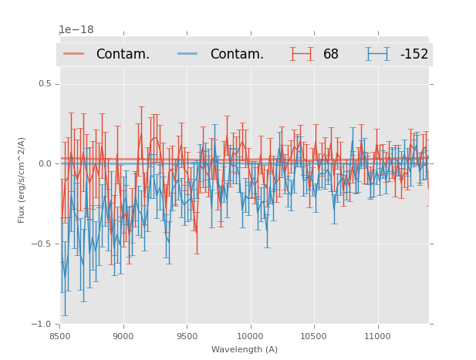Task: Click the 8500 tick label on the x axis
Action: (59, 336)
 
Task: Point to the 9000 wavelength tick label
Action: (123, 336)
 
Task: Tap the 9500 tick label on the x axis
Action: (187, 336)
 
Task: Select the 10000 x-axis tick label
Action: (250, 336)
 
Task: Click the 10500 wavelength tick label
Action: (313, 336)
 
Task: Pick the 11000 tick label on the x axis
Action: (377, 336)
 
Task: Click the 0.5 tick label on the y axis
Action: (46, 83)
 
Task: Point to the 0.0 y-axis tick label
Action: (46, 163)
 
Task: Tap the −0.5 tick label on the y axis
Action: (43, 244)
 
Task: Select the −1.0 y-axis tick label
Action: (43, 324)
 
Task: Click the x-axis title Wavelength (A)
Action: (245, 349)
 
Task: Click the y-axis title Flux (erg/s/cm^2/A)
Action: (22, 180)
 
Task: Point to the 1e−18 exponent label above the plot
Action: (76, 30)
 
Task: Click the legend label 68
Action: (331, 54)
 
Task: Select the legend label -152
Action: (414, 54)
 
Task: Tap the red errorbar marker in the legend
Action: (302, 54)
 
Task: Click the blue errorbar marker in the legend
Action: (378, 54)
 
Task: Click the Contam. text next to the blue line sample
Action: (237, 54)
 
